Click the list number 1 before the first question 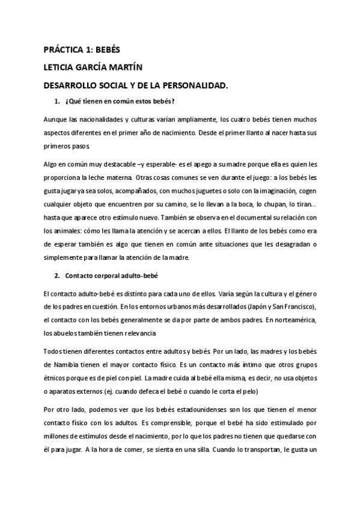pos(57,100)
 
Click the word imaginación pos(267,191)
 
